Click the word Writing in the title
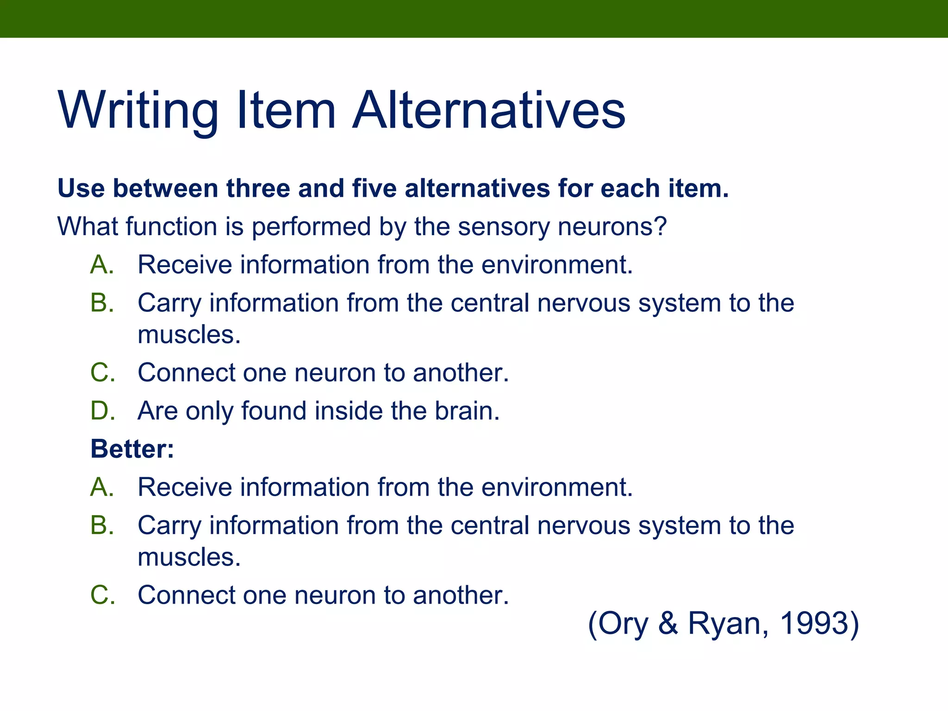coord(138,111)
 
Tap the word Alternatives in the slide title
coord(488,111)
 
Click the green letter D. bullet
coord(102,411)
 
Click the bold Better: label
coord(132,449)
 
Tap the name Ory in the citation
coord(623,623)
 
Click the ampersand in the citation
coord(667,623)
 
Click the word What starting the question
coord(87,227)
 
